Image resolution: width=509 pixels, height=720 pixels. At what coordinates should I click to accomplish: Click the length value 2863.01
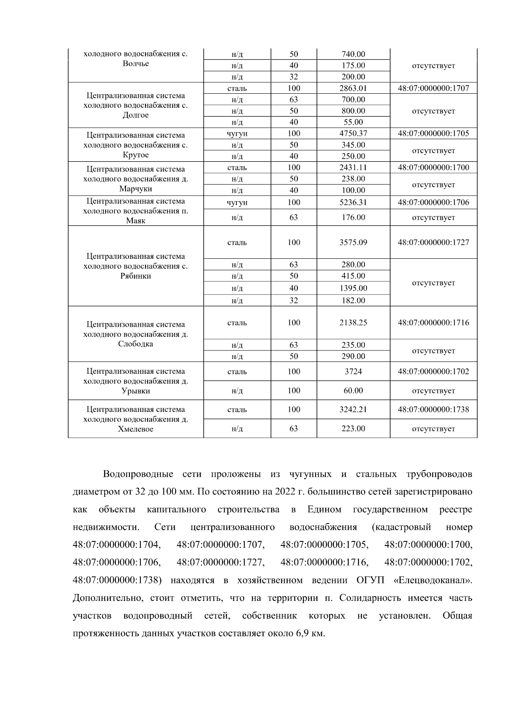[x=353, y=88]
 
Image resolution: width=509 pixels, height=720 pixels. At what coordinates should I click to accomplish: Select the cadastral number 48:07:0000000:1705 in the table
[x=433, y=133]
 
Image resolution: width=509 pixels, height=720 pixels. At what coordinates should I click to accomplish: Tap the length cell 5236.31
[x=353, y=202]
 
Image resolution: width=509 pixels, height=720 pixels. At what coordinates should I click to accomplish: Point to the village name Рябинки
[x=135, y=276]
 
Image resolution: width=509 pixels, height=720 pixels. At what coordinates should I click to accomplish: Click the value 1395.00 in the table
[x=353, y=288]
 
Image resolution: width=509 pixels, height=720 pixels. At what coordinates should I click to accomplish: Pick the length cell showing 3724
[x=353, y=371]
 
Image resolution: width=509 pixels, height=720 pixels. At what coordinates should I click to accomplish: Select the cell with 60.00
[x=353, y=390]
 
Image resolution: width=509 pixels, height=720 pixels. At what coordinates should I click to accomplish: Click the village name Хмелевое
[x=135, y=429]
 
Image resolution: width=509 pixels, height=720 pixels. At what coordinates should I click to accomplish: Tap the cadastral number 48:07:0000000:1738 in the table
[x=433, y=409]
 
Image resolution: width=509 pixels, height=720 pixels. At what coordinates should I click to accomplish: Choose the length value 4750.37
[x=353, y=133]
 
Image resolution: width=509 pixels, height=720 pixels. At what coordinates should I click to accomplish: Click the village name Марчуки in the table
[x=135, y=189]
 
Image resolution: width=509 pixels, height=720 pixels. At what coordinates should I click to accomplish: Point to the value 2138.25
[x=353, y=322]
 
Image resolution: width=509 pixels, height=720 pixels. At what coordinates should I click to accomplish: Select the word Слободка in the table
[x=135, y=344]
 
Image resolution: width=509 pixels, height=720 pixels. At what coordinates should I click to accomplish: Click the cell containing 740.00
[x=353, y=54]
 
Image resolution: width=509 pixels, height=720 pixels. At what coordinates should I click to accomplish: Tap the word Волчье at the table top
[x=135, y=64]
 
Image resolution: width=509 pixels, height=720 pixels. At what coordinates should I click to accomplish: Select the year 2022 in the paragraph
[x=285, y=492]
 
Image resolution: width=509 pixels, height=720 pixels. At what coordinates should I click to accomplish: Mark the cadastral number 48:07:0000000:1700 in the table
[x=433, y=167]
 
